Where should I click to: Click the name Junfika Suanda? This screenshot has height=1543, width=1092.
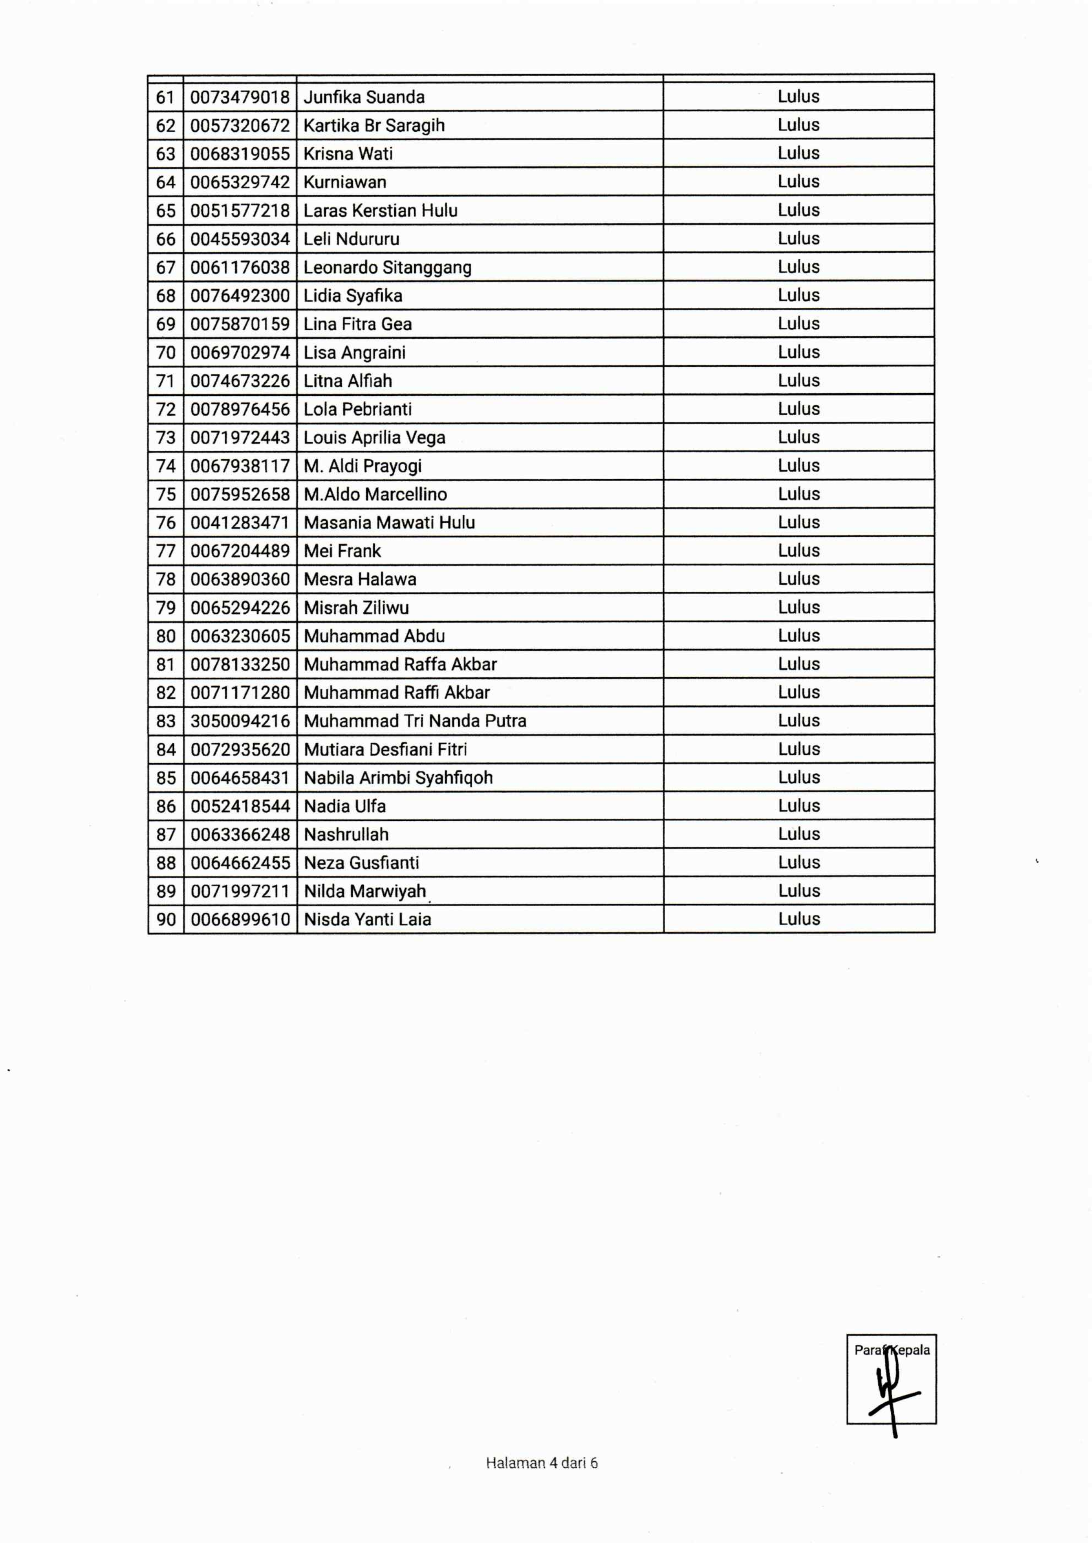364,97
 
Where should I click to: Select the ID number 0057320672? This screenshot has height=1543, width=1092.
240,126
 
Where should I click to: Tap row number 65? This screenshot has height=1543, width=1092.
166,211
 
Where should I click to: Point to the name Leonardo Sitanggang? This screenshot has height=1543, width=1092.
387,267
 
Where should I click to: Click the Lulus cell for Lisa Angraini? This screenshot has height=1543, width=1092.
798,352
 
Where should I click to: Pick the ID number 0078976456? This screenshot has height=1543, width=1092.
240,409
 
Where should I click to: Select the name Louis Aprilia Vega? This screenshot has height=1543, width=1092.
374,438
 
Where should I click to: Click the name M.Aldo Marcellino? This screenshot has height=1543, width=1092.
375,495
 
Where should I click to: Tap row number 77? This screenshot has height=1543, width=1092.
166,551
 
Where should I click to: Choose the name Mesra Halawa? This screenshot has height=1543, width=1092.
360,580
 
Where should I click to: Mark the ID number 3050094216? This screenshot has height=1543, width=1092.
240,721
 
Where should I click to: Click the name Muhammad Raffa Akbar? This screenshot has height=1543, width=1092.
400,664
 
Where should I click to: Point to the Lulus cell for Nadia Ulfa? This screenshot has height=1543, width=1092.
798,806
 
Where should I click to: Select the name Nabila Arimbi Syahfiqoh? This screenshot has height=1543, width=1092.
398,778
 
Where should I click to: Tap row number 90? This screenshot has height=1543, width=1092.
166,919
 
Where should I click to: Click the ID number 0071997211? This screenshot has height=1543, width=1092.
240,891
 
